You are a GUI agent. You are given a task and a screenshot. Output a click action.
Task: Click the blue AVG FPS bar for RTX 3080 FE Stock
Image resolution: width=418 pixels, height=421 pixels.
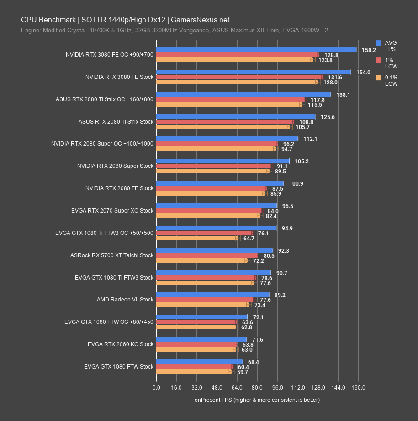click(x=254, y=72)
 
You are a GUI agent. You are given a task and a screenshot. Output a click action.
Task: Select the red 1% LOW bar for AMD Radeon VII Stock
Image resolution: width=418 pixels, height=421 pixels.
click(x=205, y=300)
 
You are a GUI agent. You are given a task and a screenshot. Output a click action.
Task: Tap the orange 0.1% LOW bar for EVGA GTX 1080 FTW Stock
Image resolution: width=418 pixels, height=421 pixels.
click(x=194, y=372)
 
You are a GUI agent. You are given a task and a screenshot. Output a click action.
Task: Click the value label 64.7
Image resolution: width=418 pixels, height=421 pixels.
click(x=249, y=239)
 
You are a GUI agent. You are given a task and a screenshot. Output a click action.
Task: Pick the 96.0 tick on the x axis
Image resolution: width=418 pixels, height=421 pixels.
click(x=277, y=388)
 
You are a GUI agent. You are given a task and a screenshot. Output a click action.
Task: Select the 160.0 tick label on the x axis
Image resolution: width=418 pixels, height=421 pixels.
click(x=358, y=388)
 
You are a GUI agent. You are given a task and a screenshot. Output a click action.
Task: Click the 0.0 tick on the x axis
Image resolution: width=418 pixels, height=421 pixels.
click(x=156, y=388)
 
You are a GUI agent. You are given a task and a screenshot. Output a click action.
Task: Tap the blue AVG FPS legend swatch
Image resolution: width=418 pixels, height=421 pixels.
click(x=378, y=43)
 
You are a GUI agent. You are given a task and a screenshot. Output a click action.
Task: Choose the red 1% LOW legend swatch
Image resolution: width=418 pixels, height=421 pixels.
click(x=378, y=60)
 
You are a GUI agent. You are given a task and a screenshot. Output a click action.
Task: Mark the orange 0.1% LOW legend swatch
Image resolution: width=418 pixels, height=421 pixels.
click(x=378, y=78)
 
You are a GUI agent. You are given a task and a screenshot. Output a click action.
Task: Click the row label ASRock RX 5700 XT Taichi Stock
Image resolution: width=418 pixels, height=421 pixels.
click(x=112, y=255)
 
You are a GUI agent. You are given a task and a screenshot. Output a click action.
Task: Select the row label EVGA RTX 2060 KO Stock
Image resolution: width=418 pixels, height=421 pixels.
click(x=121, y=344)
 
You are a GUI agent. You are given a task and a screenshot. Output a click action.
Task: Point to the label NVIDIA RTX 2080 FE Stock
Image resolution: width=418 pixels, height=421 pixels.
click(x=119, y=188)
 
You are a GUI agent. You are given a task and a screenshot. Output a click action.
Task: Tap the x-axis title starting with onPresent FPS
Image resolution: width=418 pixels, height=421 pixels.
click(x=257, y=400)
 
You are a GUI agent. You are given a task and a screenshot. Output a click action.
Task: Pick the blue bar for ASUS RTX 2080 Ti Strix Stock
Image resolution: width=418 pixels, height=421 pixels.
click(x=236, y=117)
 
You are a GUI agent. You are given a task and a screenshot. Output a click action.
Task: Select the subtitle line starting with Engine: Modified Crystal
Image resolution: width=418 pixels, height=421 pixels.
click(x=174, y=31)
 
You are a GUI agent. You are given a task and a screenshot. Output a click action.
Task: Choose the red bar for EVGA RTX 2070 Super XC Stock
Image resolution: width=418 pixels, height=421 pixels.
click(x=209, y=211)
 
